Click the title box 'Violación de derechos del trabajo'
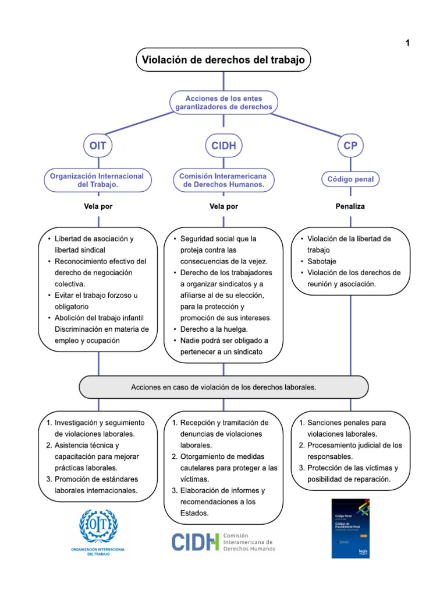(223, 60)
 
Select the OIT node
(98, 146)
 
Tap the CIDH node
(224, 146)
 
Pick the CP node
(350, 146)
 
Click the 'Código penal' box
(350, 179)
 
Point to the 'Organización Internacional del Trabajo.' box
(98, 180)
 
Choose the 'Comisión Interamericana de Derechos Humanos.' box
(224, 180)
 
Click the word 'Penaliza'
(350, 206)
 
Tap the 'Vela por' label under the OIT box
(98, 206)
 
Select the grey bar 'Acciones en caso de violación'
(223, 387)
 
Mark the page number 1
(408, 43)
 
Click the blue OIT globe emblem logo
(98, 526)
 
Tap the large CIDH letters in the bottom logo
(195, 542)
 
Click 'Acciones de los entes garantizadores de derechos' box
(224, 102)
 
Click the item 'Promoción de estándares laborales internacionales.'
(97, 485)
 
